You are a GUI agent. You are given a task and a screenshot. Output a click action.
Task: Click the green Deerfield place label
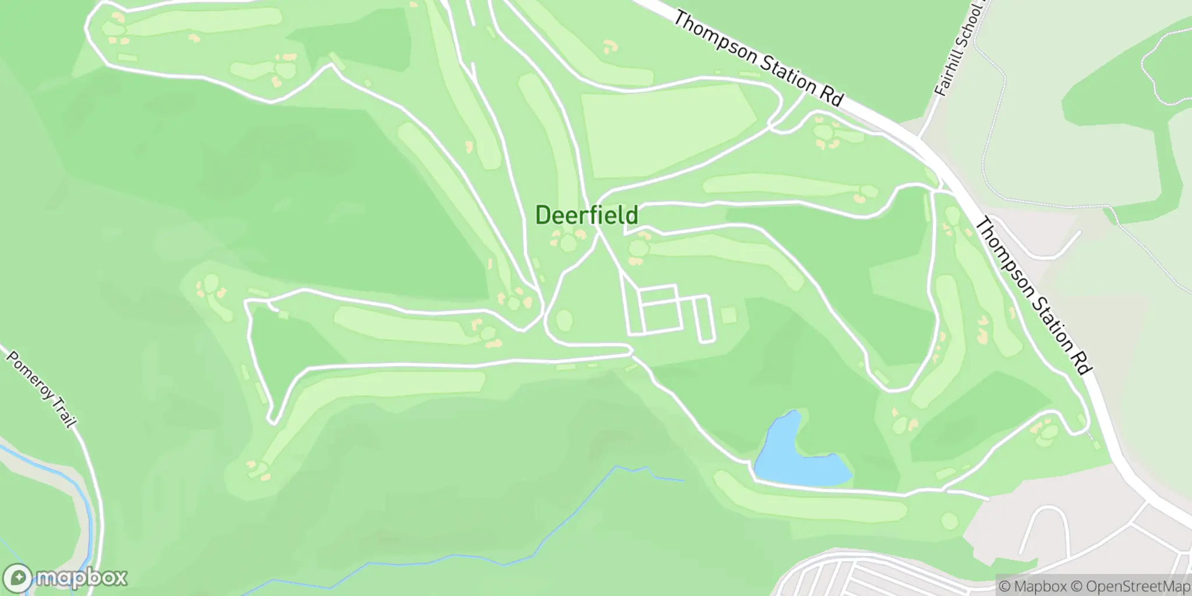click(586, 215)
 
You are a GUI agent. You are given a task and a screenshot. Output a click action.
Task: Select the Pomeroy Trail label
click(41, 388)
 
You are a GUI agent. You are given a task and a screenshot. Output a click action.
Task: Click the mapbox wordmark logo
click(81, 578)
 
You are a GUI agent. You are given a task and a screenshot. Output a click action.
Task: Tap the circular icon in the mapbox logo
click(19, 578)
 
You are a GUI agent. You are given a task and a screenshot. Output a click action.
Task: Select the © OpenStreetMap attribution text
click(1130, 586)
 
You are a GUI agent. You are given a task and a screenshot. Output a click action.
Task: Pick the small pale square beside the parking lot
click(728, 316)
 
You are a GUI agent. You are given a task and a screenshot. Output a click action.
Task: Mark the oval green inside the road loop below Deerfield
click(564, 319)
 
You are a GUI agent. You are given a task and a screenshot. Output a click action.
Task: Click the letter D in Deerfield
click(542, 215)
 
